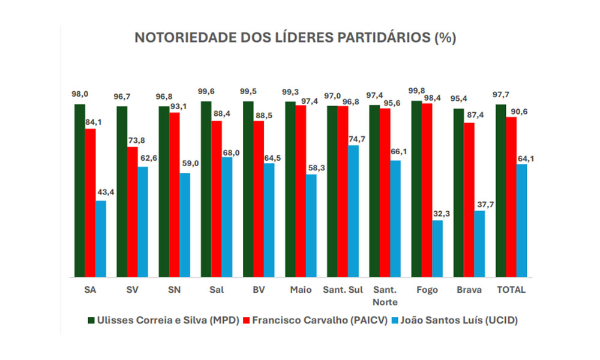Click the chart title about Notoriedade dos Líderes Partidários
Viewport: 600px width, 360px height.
point(295,38)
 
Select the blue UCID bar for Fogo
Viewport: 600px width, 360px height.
point(437,248)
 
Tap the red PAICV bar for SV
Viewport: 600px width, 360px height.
point(131,212)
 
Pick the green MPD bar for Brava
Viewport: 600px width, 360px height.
point(458,193)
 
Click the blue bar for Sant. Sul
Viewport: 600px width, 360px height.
point(353,211)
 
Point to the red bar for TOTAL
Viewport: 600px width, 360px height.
point(511,197)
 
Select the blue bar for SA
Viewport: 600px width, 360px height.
point(100,239)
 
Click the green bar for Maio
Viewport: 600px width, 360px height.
point(290,190)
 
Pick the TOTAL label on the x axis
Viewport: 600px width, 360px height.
point(511,290)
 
